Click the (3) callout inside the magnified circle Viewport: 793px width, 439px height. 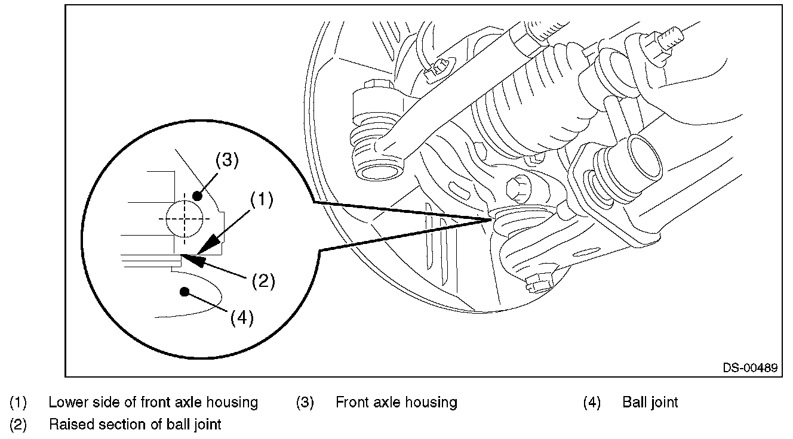click(227, 160)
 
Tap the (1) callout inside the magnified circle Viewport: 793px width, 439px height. click(262, 200)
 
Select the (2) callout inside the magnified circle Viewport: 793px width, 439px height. click(263, 281)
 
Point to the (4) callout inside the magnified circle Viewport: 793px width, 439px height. click(242, 317)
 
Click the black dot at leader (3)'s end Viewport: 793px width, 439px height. click(197, 196)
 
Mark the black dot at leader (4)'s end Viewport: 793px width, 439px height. click(184, 292)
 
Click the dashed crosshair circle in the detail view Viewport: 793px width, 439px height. click(184, 219)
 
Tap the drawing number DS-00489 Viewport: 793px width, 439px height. click(750, 368)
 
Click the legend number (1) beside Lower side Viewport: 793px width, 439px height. click(18, 403)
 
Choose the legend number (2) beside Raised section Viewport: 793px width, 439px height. click(18, 425)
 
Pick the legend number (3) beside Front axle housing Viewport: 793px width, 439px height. click(305, 403)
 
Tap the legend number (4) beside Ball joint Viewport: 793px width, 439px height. click(592, 403)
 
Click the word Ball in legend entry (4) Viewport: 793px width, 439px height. click(632, 402)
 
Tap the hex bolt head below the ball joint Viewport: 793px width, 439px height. click(539, 283)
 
